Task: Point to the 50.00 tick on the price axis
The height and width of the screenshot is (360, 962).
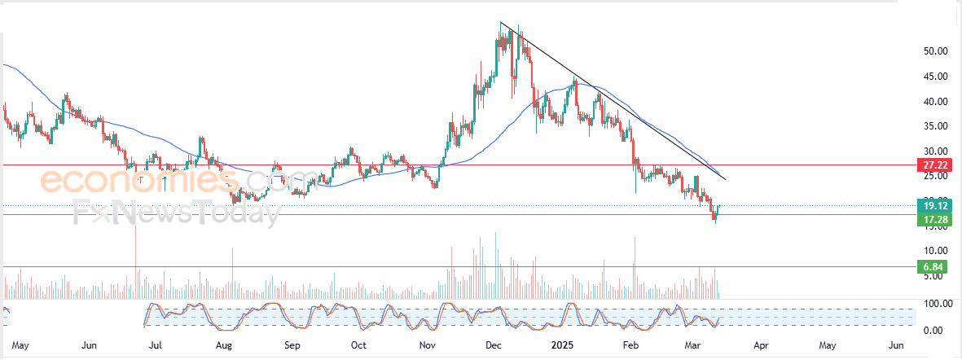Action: point(934,51)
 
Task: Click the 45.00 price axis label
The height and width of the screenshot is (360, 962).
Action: point(934,77)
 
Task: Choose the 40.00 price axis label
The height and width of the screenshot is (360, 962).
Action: point(934,102)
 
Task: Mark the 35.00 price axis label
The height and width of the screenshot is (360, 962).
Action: point(934,126)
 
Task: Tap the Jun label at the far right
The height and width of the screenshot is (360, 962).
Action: point(896,345)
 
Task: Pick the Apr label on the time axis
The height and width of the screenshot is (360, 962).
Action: point(761,345)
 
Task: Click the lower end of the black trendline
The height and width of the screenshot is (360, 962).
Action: point(724,178)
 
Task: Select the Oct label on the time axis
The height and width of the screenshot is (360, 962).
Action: point(358,345)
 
